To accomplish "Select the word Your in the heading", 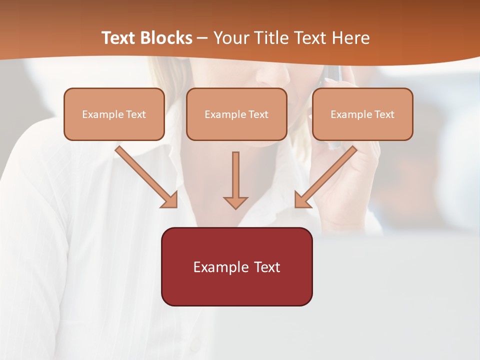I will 231,38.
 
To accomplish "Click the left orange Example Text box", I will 114,114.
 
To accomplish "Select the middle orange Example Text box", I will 236,114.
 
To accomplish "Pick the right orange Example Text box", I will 362,114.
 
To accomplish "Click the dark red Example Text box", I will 236,266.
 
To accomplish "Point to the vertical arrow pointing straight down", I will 235,177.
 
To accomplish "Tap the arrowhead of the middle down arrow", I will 235,202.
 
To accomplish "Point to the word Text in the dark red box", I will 266,267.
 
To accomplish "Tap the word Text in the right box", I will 384,114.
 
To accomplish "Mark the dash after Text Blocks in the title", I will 202,38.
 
